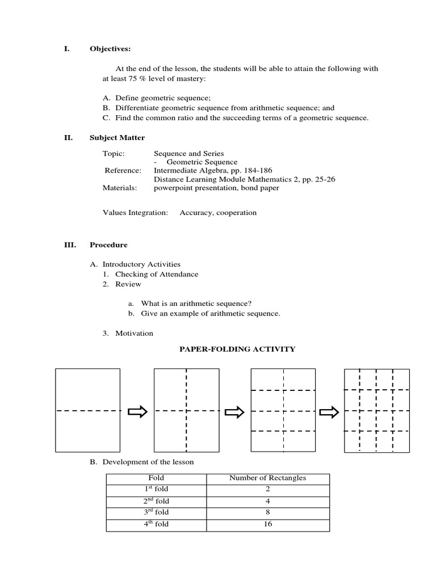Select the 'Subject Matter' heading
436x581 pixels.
(x=117, y=138)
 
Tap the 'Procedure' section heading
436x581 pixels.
(x=108, y=245)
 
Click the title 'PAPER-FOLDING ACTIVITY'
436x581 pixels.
(x=237, y=350)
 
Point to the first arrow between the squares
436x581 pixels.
(x=137, y=412)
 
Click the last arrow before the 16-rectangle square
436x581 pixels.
(x=329, y=412)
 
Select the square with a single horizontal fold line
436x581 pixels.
(x=87, y=410)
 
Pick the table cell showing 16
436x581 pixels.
(x=267, y=524)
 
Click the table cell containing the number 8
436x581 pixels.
(x=267, y=512)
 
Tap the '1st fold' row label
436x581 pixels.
(x=156, y=489)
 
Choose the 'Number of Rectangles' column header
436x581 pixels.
(x=267, y=478)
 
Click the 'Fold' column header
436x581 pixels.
(x=156, y=478)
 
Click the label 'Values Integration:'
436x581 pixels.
(x=135, y=213)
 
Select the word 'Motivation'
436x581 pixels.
(x=134, y=334)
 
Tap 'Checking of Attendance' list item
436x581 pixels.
(x=157, y=275)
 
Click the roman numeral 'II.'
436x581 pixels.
(x=68, y=138)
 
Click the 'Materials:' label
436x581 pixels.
(x=120, y=188)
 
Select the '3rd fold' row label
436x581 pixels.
(x=156, y=512)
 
